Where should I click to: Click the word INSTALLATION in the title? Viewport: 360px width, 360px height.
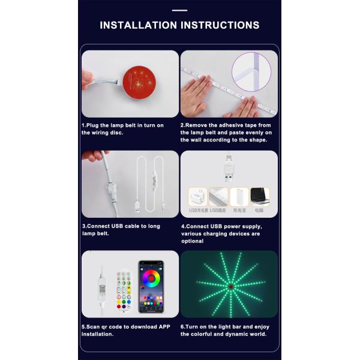(x=137, y=25)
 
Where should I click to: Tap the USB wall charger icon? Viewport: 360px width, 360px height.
(x=197, y=196)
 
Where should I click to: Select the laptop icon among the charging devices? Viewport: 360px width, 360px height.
(x=260, y=196)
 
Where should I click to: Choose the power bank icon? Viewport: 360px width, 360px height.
(x=239, y=196)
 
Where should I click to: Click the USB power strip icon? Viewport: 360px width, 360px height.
(x=218, y=196)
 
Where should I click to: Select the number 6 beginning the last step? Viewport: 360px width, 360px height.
(x=182, y=327)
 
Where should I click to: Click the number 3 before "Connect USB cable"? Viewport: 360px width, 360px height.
(x=83, y=226)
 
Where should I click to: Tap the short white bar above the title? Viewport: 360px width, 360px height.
(x=179, y=10)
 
